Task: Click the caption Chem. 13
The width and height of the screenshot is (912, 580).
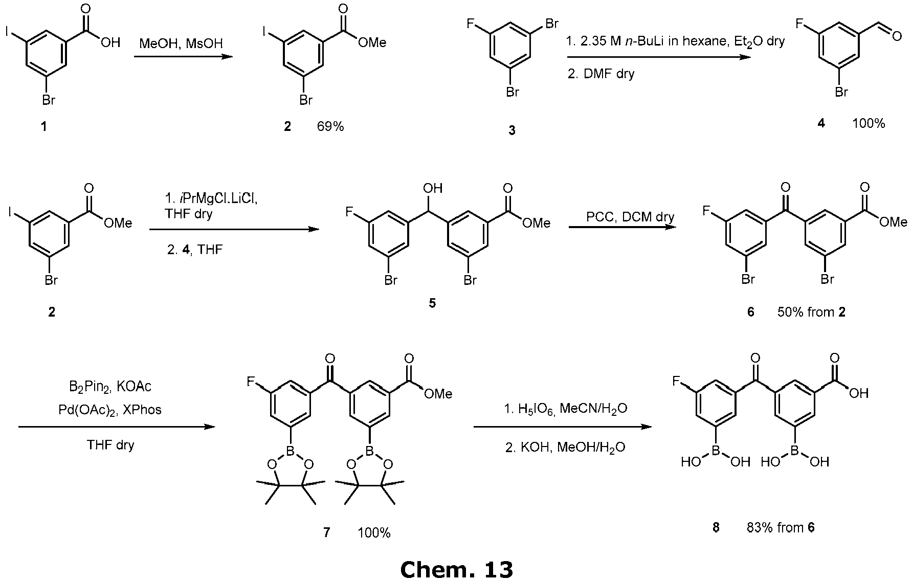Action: pyautogui.click(x=456, y=568)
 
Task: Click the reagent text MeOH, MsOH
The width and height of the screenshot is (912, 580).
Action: pyautogui.click(x=181, y=43)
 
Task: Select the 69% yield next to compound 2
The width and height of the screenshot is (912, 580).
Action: pyautogui.click(x=330, y=126)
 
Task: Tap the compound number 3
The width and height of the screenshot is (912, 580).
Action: pyautogui.click(x=511, y=131)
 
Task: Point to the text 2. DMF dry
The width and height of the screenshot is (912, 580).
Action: pyautogui.click(x=601, y=74)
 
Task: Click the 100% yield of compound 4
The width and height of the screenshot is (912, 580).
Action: pyautogui.click(x=869, y=123)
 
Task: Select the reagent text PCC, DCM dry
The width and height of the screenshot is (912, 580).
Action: pyautogui.click(x=630, y=217)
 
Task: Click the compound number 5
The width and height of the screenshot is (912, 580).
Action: pyautogui.click(x=432, y=303)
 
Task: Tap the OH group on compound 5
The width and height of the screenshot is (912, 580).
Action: pyautogui.click(x=433, y=188)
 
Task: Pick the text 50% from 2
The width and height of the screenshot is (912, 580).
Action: pyautogui.click(x=811, y=311)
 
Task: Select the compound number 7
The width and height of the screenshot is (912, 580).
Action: pyautogui.click(x=326, y=533)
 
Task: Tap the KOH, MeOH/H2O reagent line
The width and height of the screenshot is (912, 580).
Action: pyautogui.click(x=565, y=448)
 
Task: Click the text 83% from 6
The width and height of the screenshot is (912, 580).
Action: pyautogui.click(x=780, y=528)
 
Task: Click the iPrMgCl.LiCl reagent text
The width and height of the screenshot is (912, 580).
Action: pyautogui.click(x=211, y=199)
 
